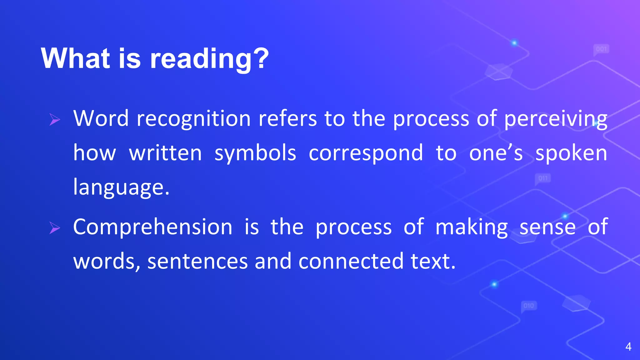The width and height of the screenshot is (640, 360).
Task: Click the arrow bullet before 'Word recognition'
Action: click(x=55, y=119)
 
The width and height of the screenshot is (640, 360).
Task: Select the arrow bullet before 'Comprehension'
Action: click(x=55, y=228)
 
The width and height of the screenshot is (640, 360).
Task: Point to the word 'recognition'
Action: click(x=194, y=119)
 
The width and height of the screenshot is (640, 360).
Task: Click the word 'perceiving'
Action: click(x=556, y=119)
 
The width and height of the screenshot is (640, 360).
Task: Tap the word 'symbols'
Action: click(x=255, y=154)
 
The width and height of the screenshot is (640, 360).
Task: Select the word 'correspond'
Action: click(x=366, y=154)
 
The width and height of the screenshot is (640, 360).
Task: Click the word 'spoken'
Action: click(x=571, y=154)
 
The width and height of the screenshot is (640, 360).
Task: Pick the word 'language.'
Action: click(x=121, y=187)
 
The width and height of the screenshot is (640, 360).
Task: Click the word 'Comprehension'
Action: click(x=153, y=227)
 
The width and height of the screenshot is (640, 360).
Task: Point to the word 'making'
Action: click(x=472, y=227)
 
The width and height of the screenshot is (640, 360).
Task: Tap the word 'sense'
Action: click(x=547, y=227)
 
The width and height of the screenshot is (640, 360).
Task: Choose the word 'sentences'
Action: click(x=197, y=262)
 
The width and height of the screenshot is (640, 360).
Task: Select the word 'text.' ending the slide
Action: click(x=433, y=262)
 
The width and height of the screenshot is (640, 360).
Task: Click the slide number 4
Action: click(x=628, y=347)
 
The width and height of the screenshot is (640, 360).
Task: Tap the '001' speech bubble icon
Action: click(x=601, y=49)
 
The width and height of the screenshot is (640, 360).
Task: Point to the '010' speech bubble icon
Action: click(x=529, y=306)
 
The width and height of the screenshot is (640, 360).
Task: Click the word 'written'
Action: click(x=166, y=154)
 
